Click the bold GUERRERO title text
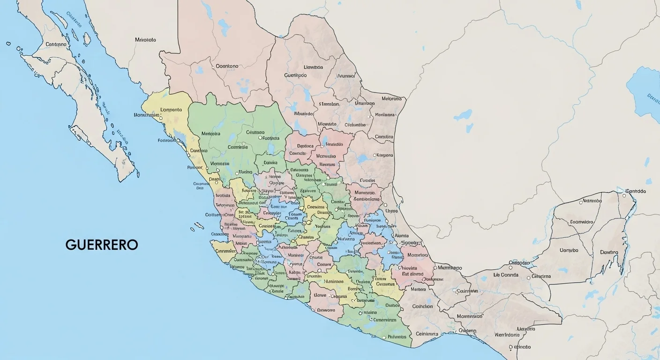pos(102,245)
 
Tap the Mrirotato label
pos(145,40)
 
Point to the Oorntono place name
pos(227,67)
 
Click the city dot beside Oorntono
pos(213,67)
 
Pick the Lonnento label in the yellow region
pos(171,110)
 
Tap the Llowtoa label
pos(313,67)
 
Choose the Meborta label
pos(392,99)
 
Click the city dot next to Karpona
pos(375,155)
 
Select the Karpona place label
pos(385,155)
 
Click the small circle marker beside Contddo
pos(624,191)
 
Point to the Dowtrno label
pos(609,252)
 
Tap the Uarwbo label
pos(569,250)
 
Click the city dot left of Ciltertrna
pos(528,277)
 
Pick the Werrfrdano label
pos(510,335)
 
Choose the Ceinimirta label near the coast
pos(427,334)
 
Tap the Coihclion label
pos(422,307)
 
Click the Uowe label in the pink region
pos(320,296)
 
